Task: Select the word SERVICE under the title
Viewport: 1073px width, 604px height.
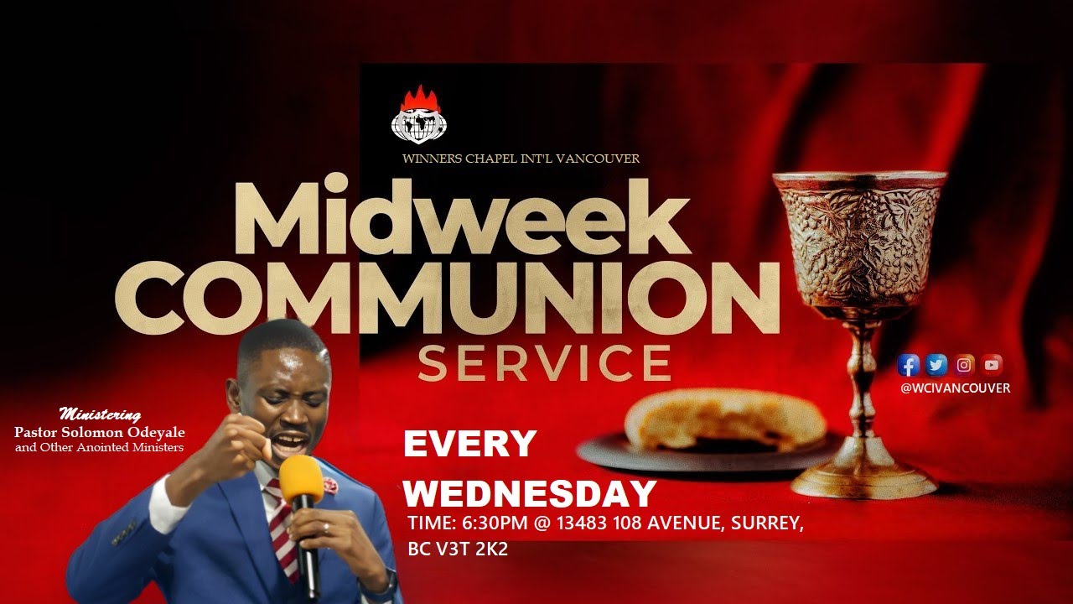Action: pos(544,362)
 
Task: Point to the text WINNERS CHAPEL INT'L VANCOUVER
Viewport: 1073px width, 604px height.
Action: pos(521,159)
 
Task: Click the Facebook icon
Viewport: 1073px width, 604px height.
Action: pos(909,365)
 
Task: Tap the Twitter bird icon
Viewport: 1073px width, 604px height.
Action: pos(936,365)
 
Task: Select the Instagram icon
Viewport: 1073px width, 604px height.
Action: pos(965,365)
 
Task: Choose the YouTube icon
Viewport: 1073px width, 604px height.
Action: pos(993,365)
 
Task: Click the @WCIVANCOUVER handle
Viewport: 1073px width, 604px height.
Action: pos(955,388)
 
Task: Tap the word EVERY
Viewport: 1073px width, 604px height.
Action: pos(469,444)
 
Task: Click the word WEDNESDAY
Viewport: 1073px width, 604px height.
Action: pos(529,493)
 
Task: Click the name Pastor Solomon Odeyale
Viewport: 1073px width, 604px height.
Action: pos(100,431)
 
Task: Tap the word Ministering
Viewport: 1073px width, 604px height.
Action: pos(100,414)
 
